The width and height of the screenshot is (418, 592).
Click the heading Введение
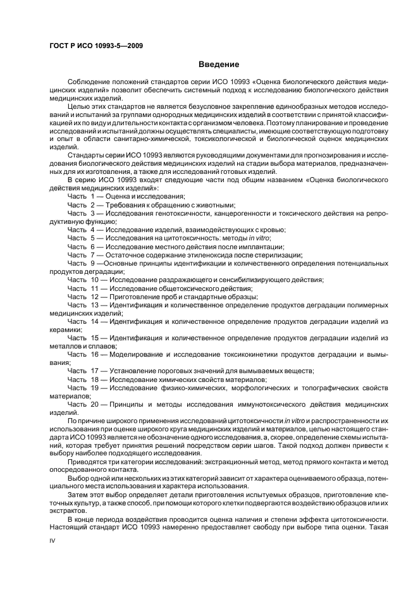(x=219, y=65)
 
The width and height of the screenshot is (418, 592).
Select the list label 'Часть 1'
(x=81, y=197)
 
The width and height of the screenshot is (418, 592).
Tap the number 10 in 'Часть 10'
(x=95, y=279)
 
